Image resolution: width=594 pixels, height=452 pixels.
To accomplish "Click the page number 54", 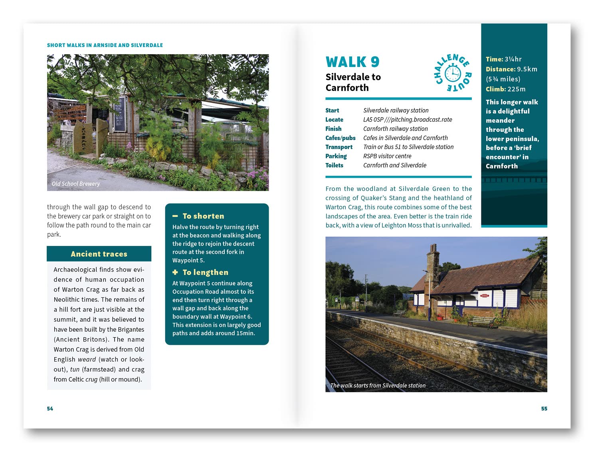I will click(50, 409).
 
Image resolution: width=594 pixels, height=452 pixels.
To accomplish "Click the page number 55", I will click(544, 409).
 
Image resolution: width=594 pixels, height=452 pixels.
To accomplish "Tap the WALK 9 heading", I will click(352, 62).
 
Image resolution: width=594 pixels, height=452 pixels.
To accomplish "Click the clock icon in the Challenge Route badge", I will click(453, 73).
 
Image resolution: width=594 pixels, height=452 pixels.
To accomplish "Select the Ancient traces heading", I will click(99, 254).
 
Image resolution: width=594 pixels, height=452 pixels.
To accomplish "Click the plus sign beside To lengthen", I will click(175, 272).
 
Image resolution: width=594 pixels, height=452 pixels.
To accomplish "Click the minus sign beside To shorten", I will click(175, 216).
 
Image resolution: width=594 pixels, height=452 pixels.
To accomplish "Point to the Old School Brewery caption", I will click(76, 184).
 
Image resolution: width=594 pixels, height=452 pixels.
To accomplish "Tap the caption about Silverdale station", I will click(378, 385).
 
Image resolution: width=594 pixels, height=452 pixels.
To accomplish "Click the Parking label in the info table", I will click(336, 156).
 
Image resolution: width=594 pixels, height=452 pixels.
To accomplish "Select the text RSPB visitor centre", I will click(387, 156).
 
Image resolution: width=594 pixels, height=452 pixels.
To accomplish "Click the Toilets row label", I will click(334, 165).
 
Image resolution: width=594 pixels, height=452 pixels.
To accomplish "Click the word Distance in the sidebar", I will click(500, 69).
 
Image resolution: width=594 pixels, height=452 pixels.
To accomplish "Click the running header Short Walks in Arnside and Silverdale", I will click(105, 45).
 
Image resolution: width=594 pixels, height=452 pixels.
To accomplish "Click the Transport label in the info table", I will click(339, 147).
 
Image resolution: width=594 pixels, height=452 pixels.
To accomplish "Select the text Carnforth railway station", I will click(395, 129).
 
